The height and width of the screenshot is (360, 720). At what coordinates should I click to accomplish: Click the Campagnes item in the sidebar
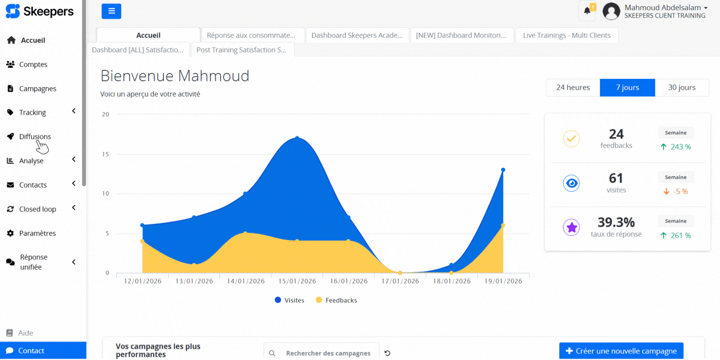tap(37, 89)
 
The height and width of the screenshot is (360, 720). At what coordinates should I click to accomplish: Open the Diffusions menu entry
tap(35, 136)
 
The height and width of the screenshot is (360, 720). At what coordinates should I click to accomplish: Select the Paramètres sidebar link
tap(37, 233)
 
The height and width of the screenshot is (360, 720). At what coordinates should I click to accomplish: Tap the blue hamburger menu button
tap(111, 11)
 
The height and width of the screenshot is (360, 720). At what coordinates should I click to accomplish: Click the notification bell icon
tap(587, 11)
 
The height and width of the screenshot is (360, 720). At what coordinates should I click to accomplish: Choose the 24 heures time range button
tap(573, 87)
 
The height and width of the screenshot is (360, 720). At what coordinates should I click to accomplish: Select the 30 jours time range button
tap(681, 87)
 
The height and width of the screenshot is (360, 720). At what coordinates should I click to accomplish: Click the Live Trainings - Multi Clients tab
tap(567, 35)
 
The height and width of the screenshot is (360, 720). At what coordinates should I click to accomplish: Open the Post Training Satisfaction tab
tap(241, 50)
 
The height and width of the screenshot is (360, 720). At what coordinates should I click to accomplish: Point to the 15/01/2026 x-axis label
tap(297, 281)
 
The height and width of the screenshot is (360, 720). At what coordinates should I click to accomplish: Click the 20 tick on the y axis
tap(105, 114)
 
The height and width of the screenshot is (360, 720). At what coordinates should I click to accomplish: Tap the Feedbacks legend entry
tap(337, 300)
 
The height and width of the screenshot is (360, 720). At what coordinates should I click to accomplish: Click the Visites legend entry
tap(290, 300)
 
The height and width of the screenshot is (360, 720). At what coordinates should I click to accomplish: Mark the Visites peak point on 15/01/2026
tap(297, 138)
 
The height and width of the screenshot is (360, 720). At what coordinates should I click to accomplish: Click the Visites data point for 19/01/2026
tap(503, 170)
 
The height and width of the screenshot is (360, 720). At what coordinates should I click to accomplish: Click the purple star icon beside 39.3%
tap(571, 227)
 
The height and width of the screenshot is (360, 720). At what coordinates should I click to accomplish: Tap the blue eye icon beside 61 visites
tap(571, 183)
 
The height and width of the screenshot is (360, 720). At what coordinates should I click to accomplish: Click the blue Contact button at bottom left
tap(43, 351)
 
